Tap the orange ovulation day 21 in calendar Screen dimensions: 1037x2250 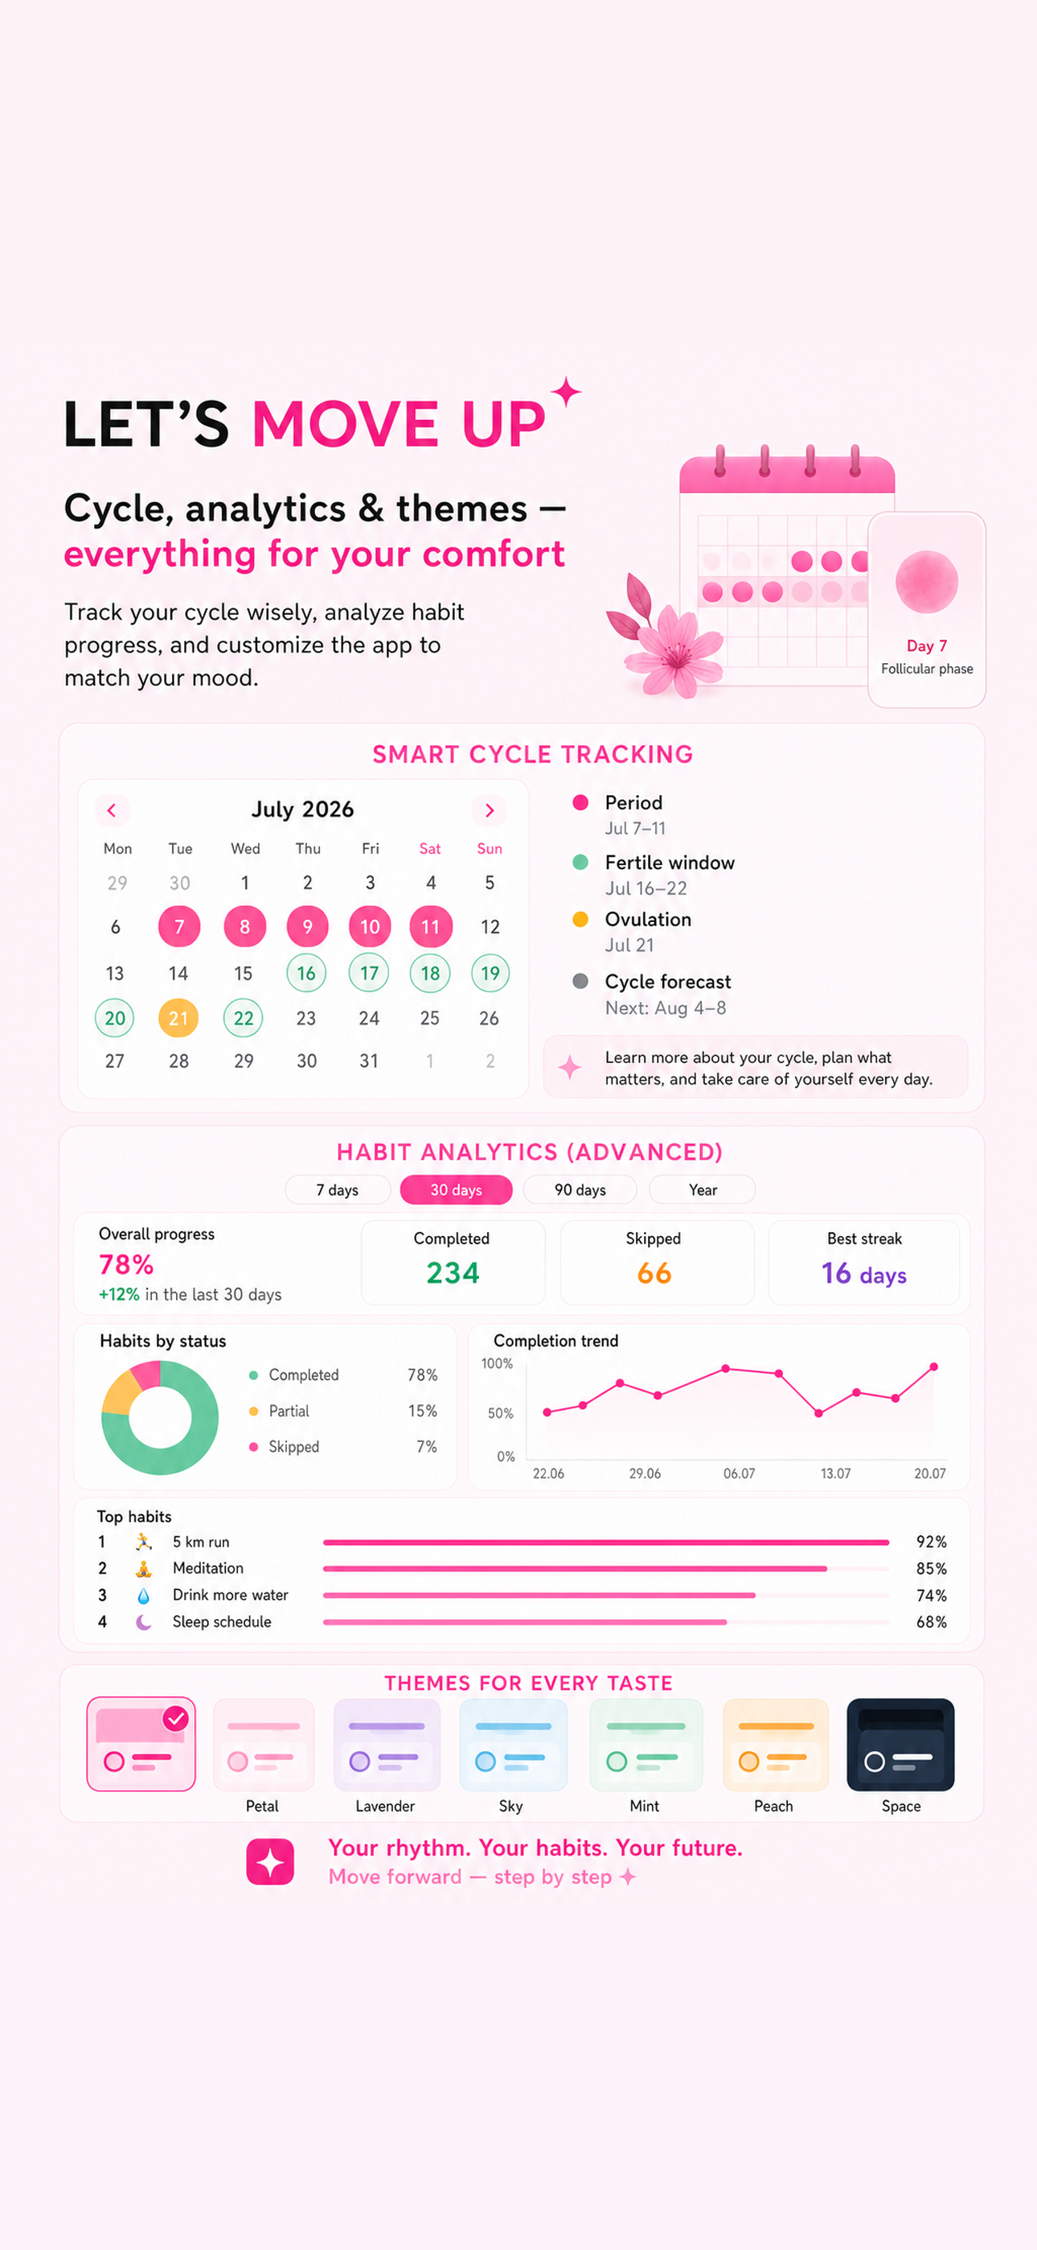178,1017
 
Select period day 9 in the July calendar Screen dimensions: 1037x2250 307,926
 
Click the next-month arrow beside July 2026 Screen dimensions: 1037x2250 489,810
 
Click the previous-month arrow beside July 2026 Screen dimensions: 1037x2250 112,810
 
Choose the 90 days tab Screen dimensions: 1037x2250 580,1189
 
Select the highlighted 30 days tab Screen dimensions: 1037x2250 456,1189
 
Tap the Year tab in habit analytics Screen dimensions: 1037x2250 703,1189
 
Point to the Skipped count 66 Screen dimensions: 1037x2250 654,1272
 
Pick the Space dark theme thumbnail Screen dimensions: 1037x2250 900,1745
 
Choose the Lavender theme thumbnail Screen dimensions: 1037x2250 387,1745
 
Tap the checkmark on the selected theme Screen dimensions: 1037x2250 175,1719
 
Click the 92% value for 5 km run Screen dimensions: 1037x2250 932,1542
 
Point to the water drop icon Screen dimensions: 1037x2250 143,1596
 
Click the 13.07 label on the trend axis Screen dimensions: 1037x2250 835,1473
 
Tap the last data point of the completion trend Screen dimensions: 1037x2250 933,1367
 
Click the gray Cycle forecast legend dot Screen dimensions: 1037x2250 580,981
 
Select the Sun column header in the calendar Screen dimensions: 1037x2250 489,848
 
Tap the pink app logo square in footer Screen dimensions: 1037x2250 270,1861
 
